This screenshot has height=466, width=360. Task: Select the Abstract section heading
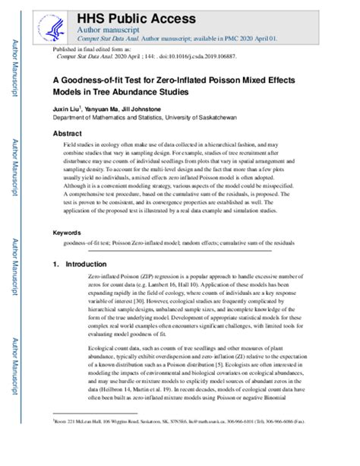click(x=67, y=131)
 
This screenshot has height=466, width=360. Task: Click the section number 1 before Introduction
click(x=55, y=264)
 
